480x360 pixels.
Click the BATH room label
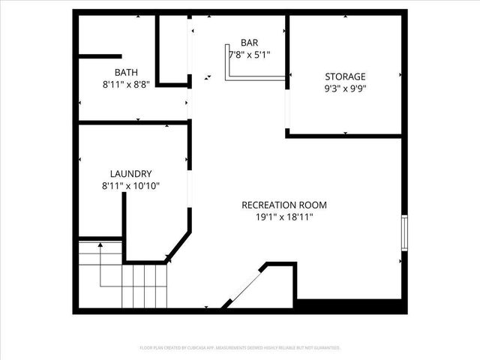126,73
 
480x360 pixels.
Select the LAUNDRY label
130,172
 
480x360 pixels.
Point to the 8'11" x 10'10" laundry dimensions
130,186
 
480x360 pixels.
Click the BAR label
250,43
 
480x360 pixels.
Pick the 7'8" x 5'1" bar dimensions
250,55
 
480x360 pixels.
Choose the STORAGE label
345,76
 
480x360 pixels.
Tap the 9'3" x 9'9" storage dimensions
345,89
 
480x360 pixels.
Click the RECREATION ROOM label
284,205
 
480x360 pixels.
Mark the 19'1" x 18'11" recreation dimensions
284,217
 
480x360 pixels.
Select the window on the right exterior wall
405,232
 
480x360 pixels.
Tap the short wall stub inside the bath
100,56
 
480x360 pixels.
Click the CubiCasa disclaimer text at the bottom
240,348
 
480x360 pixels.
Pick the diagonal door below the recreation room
242,289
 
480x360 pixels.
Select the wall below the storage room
345,136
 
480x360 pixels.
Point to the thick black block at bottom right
350,306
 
